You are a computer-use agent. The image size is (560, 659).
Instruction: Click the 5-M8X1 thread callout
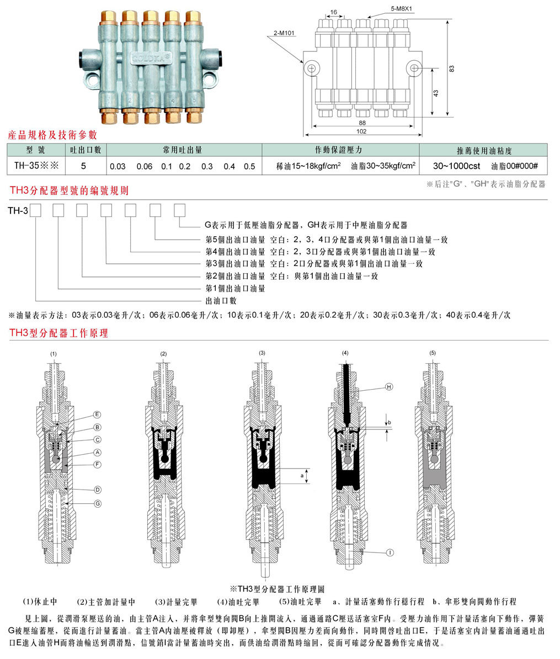pos(402,9)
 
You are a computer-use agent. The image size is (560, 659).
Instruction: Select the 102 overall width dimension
pos(361,131)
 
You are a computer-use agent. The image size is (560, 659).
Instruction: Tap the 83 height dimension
pos(452,68)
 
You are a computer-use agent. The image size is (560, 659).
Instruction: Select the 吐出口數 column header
pos(85,150)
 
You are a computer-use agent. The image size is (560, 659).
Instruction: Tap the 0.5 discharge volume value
pos(249,166)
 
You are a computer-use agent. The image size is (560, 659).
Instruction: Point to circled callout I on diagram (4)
pos(390,551)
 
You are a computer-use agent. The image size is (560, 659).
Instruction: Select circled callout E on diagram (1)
pos(97,414)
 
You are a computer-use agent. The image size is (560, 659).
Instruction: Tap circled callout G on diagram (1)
pos(97,503)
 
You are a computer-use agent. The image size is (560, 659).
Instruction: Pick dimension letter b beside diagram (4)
pos(390,422)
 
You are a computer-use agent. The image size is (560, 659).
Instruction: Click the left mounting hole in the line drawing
pos(312,68)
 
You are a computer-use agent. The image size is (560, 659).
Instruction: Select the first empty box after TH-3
pos(36,210)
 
